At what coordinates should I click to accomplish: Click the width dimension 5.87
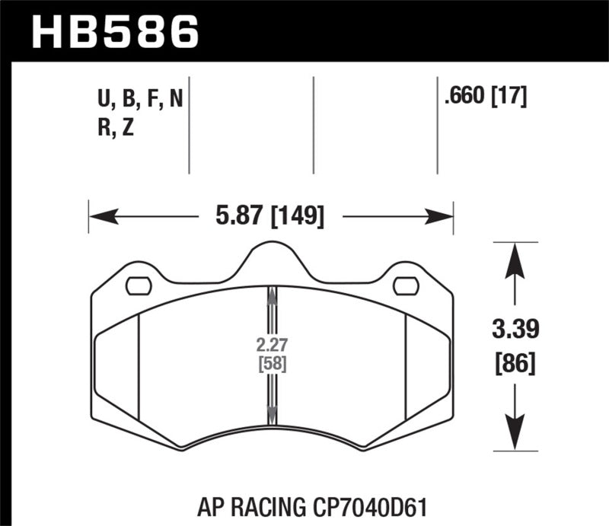(x=232, y=218)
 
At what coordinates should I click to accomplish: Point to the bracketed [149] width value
(x=296, y=218)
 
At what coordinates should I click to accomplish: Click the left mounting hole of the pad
(x=138, y=285)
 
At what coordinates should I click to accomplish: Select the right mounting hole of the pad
(x=406, y=285)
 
